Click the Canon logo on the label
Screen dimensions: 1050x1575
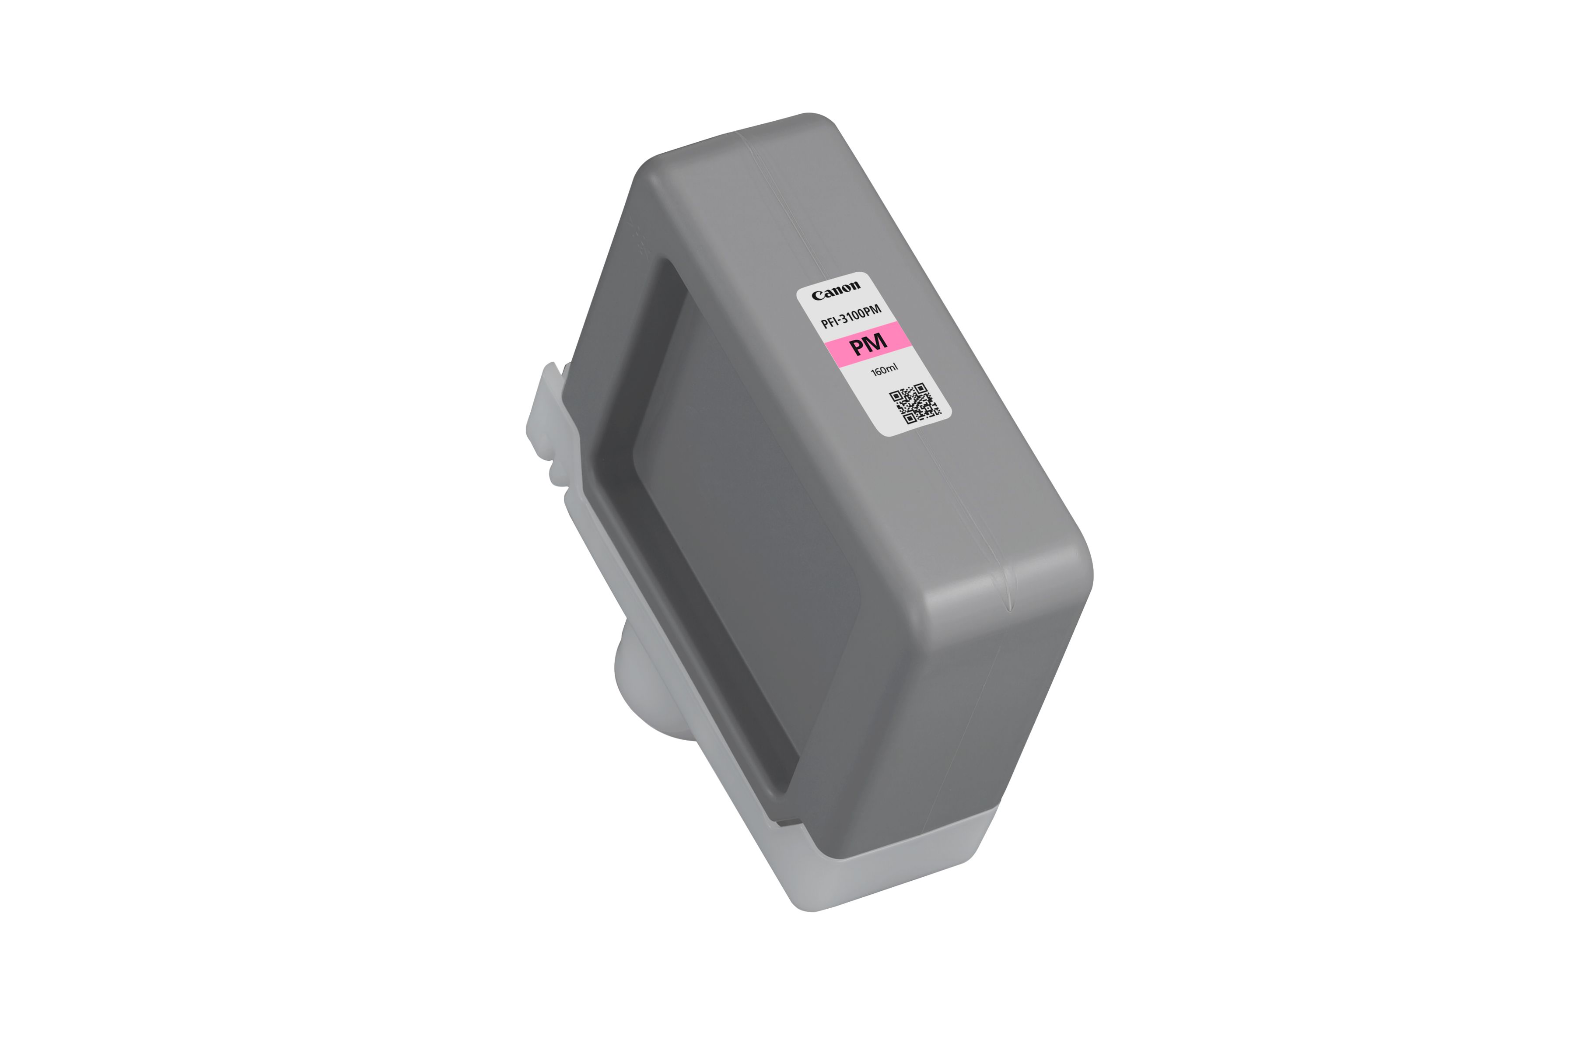(x=836, y=290)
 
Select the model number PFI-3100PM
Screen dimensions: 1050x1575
(x=850, y=315)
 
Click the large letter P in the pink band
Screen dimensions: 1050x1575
(x=858, y=347)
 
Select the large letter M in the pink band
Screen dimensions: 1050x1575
(x=877, y=342)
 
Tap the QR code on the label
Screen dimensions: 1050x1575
(x=915, y=403)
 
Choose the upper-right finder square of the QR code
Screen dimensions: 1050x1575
(x=920, y=388)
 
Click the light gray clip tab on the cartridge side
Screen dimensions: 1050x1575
(x=550, y=415)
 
